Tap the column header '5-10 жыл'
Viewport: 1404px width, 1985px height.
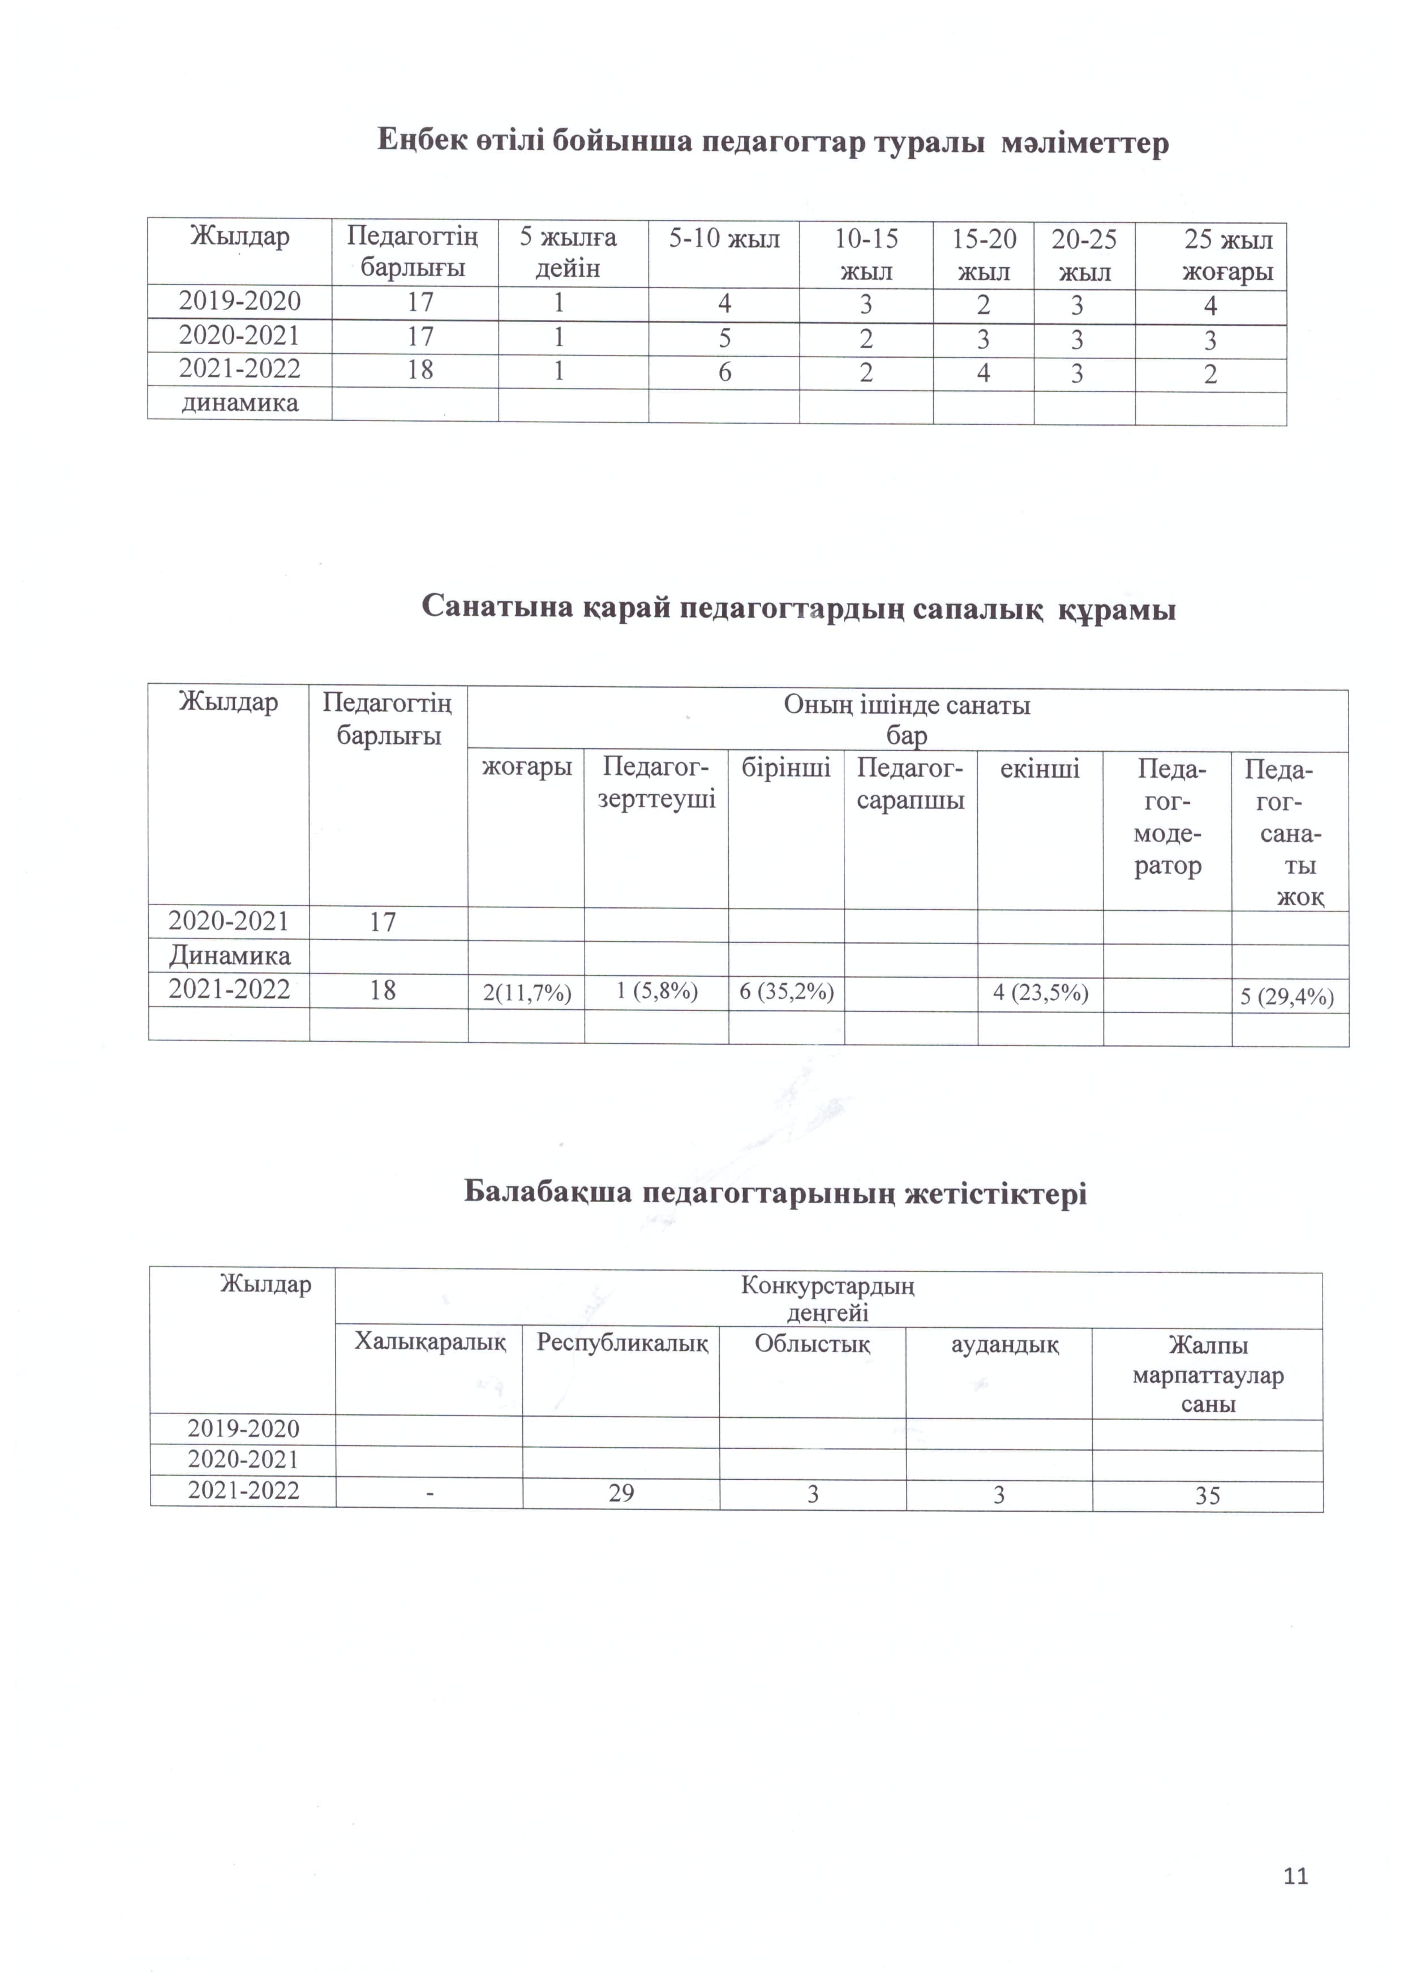point(724,239)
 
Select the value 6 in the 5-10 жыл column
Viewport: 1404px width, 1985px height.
point(724,372)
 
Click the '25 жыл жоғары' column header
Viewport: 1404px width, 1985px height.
point(1227,256)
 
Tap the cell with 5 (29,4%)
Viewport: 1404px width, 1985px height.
point(1288,997)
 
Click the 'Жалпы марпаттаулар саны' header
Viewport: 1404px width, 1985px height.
point(1208,1375)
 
